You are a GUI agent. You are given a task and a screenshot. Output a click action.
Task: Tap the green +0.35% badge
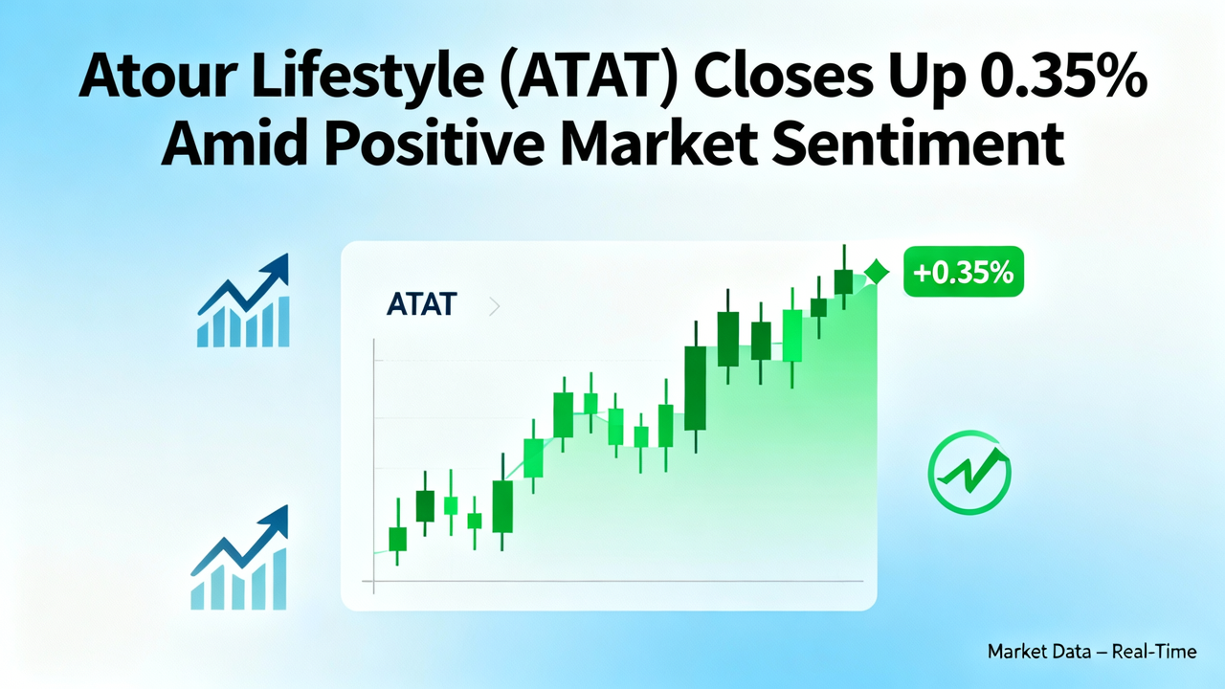click(963, 272)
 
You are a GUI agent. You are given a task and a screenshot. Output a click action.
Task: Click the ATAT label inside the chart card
click(422, 306)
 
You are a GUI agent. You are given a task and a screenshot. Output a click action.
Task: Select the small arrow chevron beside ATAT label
click(494, 307)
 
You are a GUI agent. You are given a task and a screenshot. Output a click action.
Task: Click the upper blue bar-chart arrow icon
click(243, 300)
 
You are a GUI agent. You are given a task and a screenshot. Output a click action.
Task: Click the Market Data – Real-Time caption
click(1091, 652)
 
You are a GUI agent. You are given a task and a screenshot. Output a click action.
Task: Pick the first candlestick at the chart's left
click(396, 538)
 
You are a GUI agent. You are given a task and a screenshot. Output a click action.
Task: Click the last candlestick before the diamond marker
click(843, 280)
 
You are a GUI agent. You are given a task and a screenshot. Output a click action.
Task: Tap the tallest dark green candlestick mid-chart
click(695, 388)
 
